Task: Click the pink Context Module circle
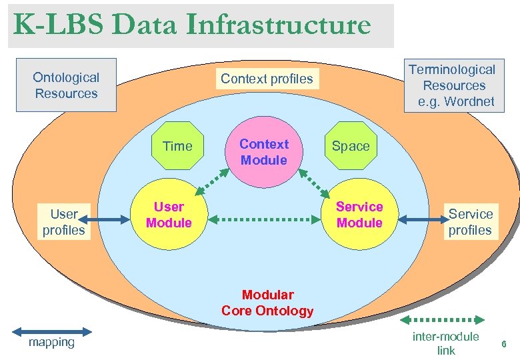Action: point(263,153)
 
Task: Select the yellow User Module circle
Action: point(169,215)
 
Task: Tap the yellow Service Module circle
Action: point(359,215)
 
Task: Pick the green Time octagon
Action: point(177,146)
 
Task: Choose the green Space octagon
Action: point(351,146)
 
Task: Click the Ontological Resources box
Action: point(66,85)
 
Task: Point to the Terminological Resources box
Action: point(452,85)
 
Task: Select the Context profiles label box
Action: point(267,79)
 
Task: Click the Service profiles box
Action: point(470,222)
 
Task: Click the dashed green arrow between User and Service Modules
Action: point(264,218)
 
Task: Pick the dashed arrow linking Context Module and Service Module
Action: point(313,183)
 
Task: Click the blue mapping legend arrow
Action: point(52,331)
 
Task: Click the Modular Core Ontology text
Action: point(267,303)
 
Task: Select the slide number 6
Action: point(503,344)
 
